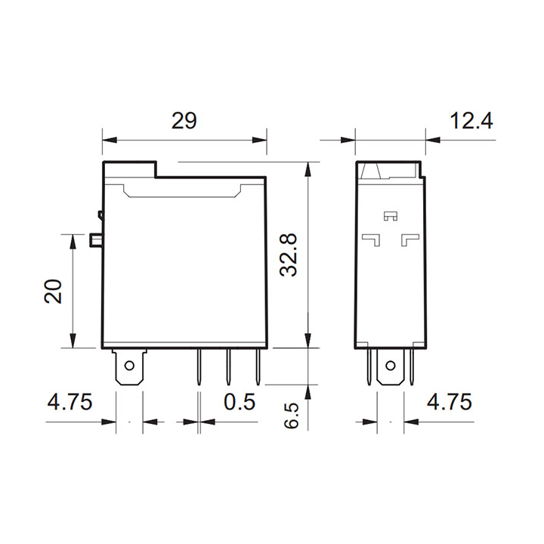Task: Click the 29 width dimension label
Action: click(184, 121)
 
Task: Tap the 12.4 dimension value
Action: click(471, 121)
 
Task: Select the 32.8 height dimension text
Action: click(289, 255)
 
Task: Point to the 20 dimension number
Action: click(53, 291)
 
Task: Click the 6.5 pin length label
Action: click(291, 416)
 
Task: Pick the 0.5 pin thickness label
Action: click(240, 402)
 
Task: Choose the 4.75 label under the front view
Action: click(70, 402)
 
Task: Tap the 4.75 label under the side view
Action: click(450, 402)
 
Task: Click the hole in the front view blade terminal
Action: click(129, 366)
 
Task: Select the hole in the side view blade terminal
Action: click(391, 366)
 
